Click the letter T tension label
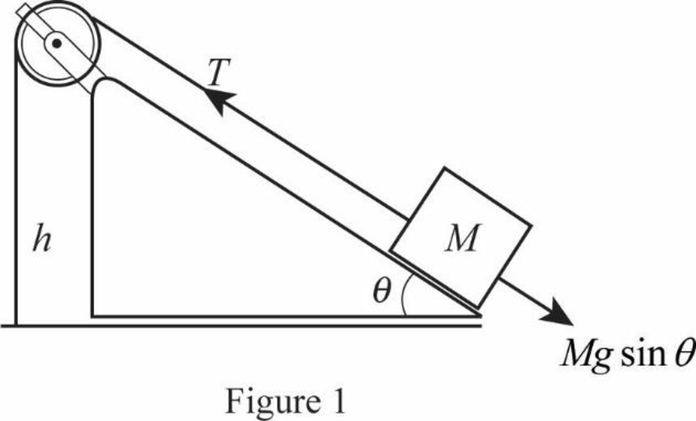point(219,72)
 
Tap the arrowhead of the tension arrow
point(220,101)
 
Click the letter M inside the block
point(463,238)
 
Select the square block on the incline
point(461,238)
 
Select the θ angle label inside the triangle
point(382,291)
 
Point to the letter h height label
point(41,241)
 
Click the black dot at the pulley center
point(57,43)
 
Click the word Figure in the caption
point(272,401)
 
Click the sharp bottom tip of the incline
point(481,316)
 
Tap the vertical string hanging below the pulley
point(16,187)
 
